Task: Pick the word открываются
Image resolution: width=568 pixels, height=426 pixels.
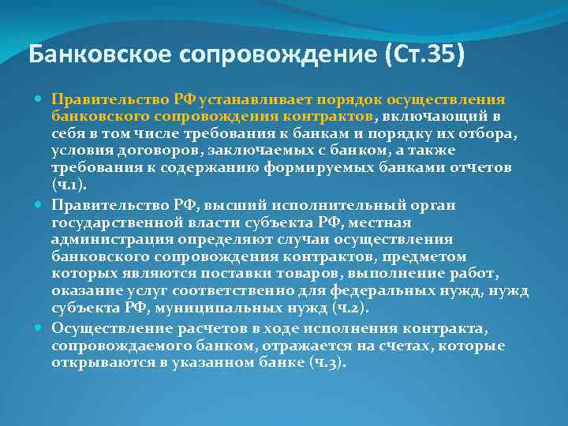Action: (x=99, y=362)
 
